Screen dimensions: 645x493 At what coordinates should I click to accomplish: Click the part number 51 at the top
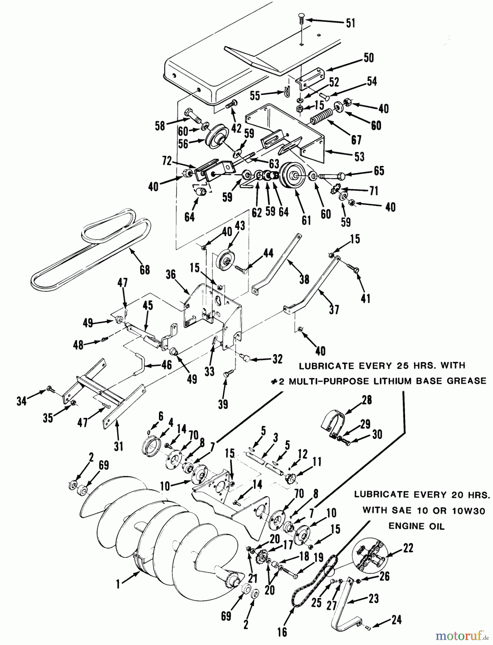pyautogui.click(x=350, y=23)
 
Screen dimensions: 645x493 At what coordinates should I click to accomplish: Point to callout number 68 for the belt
pyautogui.click(x=145, y=269)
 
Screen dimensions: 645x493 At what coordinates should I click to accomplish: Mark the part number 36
pyautogui.click(x=171, y=274)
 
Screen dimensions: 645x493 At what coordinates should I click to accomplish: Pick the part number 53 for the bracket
pyautogui.click(x=359, y=156)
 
